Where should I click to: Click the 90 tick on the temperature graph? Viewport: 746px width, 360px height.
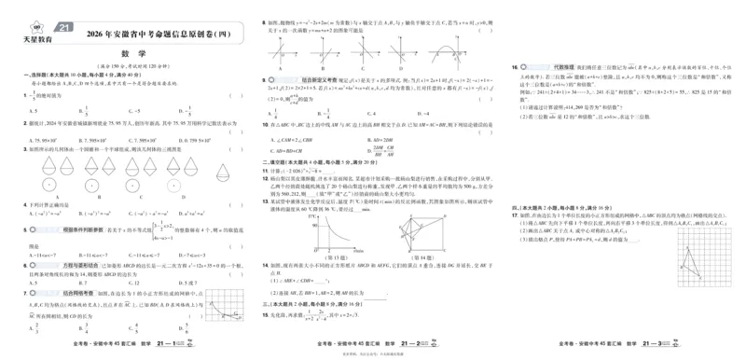pyautogui.click(x=316, y=226)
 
